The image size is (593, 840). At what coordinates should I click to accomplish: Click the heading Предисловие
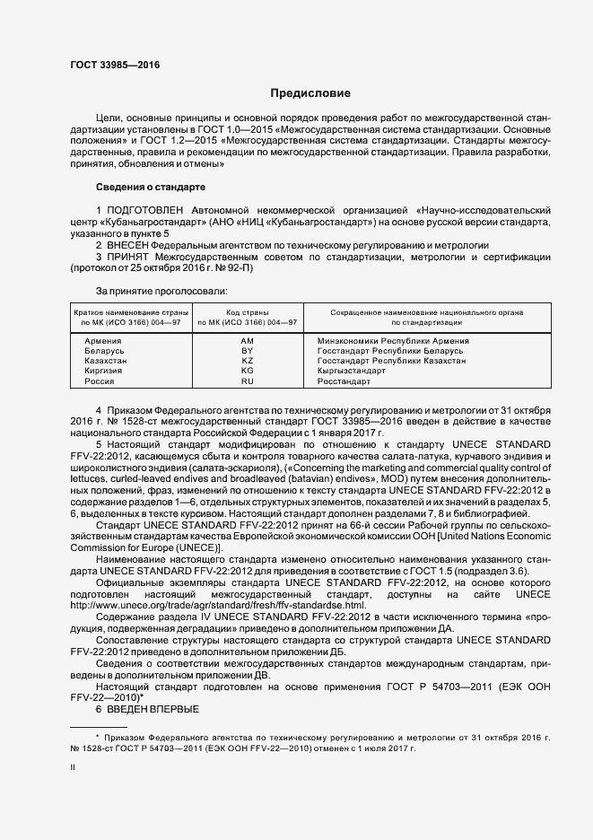(x=310, y=93)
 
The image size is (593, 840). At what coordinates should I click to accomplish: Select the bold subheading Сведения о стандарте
(x=151, y=186)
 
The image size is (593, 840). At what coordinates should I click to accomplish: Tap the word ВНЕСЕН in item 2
(x=126, y=244)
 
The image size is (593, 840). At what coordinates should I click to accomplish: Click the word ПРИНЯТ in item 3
(x=128, y=257)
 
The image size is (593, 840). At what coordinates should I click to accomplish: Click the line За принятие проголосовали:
(x=161, y=291)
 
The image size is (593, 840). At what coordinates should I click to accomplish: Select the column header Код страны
(x=248, y=311)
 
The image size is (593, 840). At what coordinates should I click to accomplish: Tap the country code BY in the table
(x=248, y=351)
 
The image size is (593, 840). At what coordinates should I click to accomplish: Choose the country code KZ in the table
(x=248, y=361)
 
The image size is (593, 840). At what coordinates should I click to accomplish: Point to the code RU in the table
(x=248, y=381)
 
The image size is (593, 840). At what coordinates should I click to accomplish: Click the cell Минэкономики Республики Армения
(x=393, y=341)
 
